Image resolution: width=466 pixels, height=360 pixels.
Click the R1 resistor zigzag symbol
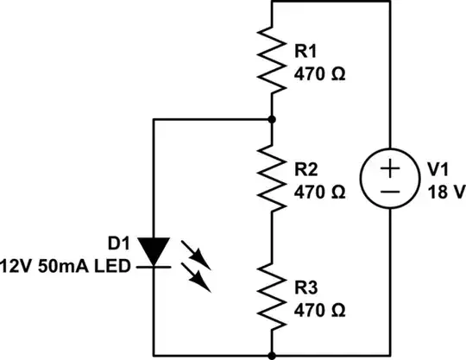click(x=272, y=59)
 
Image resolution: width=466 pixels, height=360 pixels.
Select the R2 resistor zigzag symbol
click(x=272, y=179)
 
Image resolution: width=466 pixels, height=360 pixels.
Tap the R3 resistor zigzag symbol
click(x=272, y=294)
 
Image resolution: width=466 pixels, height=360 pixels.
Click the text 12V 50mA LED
click(x=66, y=265)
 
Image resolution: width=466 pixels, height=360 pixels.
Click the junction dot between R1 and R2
click(x=272, y=119)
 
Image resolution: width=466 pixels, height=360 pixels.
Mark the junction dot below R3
click(x=272, y=354)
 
